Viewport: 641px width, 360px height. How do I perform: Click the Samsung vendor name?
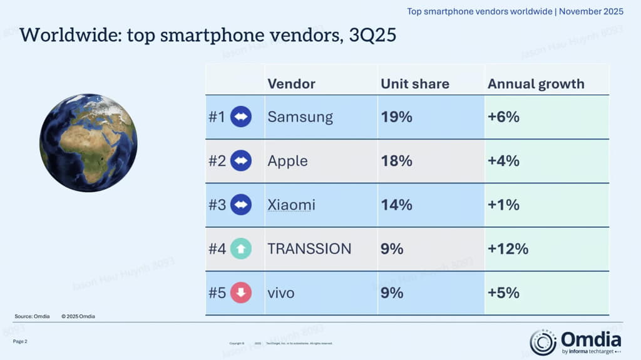[x=300, y=117]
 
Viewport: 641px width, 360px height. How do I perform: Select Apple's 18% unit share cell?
[x=396, y=161]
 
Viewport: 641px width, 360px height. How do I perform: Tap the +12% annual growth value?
[x=508, y=249]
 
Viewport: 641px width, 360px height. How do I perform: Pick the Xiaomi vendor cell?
[x=291, y=205]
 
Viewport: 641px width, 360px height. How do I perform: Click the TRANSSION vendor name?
[x=309, y=249]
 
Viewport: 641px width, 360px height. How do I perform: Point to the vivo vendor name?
[x=280, y=292]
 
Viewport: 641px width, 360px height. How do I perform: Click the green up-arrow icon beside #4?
[x=241, y=249]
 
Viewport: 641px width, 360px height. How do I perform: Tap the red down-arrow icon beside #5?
[x=241, y=292]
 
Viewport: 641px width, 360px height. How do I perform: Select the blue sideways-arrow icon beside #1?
[x=241, y=117]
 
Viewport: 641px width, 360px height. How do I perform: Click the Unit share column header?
[x=414, y=84]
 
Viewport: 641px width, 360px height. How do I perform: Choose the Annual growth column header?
[x=536, y=84]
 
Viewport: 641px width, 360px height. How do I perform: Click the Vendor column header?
[x=291, y=84]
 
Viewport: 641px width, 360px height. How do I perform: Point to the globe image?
[x=88, y=143]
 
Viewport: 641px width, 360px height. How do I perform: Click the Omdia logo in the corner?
[x=575, y=342]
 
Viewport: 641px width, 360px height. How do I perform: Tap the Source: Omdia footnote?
[x=32, y=316]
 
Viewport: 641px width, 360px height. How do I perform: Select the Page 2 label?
[x=20, y=341]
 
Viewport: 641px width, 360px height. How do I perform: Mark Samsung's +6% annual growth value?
[x=504, y=117]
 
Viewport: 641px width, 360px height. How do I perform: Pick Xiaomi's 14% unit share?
[x=396, y=205]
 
